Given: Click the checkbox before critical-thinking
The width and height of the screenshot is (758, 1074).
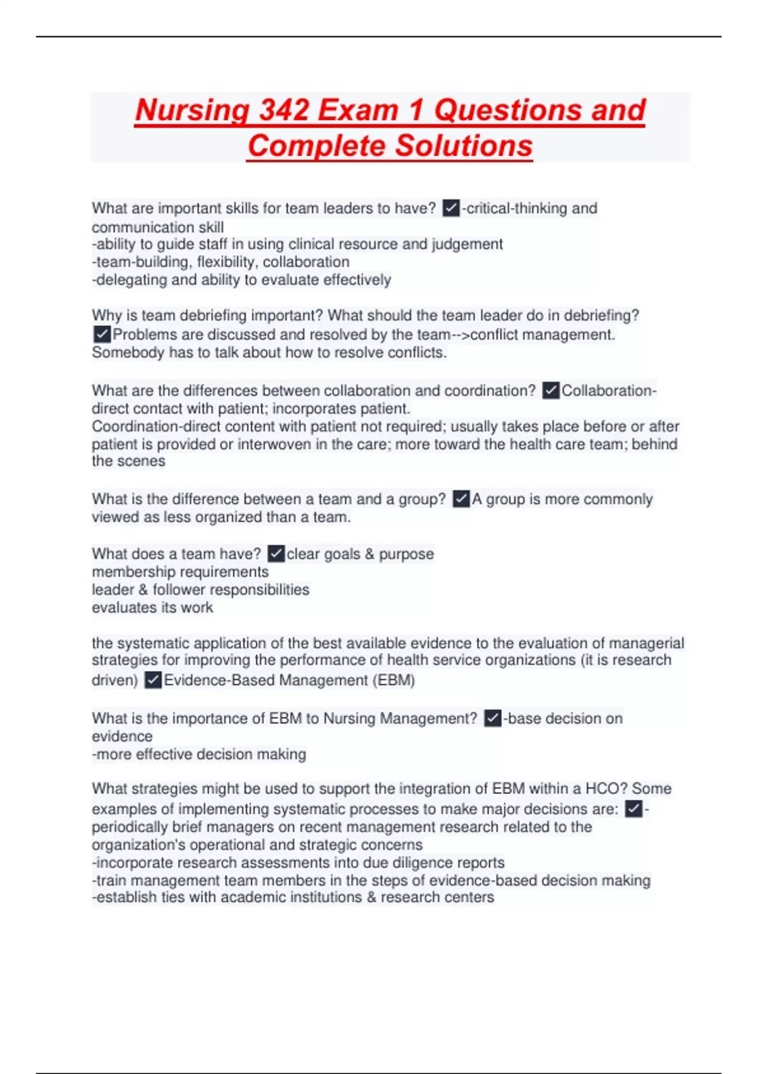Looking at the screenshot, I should pyautogui.click(x=451, y=208).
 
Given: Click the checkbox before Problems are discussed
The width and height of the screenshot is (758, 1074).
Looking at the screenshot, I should pyautogui.click(x=102, y=334).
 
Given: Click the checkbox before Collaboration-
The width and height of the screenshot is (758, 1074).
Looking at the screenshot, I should pyautogui.click(x=551, y=390).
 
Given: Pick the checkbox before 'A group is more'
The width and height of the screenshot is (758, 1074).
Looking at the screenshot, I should pyautogui.click(x=461, y=499).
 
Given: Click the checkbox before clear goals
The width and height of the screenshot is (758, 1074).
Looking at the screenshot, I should pyautogui.click(x=276, y=554).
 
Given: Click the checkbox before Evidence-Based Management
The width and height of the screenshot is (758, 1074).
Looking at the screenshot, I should pyautogui.click(x=153, y=680).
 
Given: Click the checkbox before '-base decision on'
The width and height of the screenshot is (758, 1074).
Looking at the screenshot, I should pyautogui.click(x=493, y=718).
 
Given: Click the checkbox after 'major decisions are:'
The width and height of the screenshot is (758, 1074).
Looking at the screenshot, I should pyautogui.click(x=634, y=809).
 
